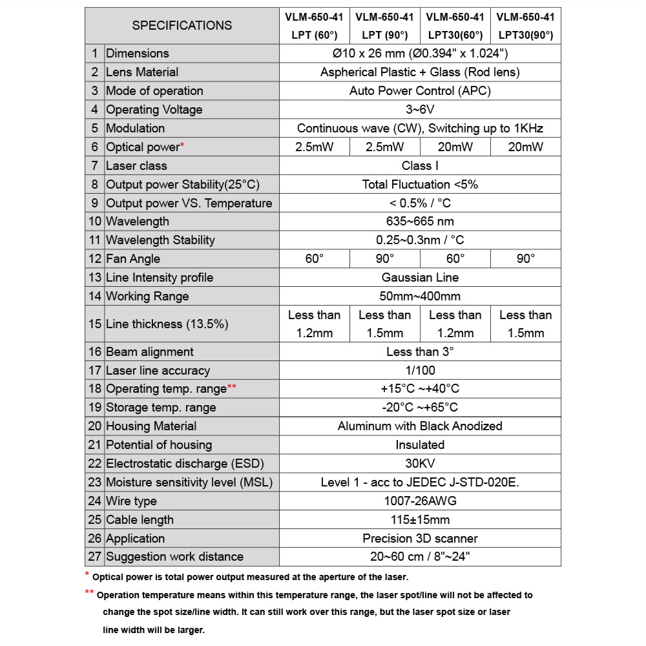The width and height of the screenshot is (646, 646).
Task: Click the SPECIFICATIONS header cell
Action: (x=182, y=26)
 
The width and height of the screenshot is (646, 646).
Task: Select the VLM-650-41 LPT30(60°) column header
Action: (x=455, y=26)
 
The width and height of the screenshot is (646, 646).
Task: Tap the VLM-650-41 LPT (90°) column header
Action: (x=384, y=26)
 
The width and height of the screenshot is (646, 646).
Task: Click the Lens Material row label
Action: (x=142, y=72)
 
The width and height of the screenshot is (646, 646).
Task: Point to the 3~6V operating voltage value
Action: (x=420, y=110)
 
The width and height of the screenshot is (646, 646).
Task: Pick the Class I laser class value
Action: (x=420, y=166)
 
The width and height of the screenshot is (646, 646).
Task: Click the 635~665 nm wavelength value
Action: (x=420, y=222)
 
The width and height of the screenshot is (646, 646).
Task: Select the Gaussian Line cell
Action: (x=420, y=278)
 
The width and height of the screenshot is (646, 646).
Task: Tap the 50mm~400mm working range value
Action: (x=420, y=297)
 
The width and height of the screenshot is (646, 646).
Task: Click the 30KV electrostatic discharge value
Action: (x=420, y=464)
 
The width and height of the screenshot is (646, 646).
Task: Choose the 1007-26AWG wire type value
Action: (x=420, y=501)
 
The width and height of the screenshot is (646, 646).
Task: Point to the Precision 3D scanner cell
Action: (x=420, y=539)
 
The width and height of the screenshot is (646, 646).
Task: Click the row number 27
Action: (x=95, y=557)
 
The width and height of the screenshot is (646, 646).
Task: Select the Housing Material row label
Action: (x=151, y=426)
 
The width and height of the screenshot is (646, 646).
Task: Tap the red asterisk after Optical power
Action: (x=183, y=145)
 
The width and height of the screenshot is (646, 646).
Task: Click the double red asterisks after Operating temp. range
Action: (x=232, y=387)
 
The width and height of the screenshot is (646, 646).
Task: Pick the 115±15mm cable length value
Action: (x=420, y=520)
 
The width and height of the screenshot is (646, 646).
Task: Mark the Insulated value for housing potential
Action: (x=420, y=445)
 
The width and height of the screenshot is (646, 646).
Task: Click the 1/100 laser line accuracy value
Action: (x=420, y=371)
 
